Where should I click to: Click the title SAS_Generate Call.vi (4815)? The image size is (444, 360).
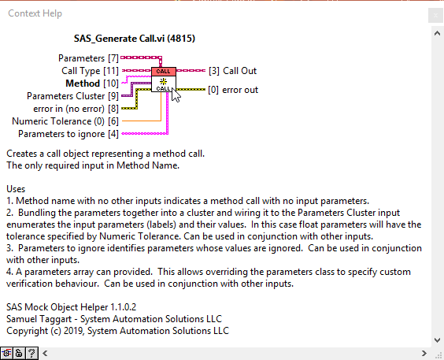coord(135,39)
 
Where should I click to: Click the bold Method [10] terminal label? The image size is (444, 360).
coord(92,84)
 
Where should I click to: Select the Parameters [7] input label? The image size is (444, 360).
coord(88,58)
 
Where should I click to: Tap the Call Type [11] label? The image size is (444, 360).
coord(90,71)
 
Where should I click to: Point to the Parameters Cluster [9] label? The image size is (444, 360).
coord(72,96)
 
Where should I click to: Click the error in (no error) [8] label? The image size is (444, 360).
coord(76,109)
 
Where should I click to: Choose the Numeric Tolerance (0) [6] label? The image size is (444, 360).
coord(65,121)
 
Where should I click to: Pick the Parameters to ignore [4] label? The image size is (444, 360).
coord(68,134)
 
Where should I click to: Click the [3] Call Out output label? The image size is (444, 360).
coord(232,71)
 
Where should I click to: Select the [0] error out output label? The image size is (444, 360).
coord(233,90)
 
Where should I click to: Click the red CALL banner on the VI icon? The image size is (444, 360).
coord(164,72)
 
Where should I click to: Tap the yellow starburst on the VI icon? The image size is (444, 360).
coord(164,82)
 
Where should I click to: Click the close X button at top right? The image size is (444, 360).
coord(435,15)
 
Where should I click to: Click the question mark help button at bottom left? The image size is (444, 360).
coord(31,353)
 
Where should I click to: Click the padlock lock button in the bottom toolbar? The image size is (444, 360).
coord(19,353)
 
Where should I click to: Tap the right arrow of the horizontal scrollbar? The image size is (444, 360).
coord(424,353)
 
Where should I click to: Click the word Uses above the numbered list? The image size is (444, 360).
coord(16,189)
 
